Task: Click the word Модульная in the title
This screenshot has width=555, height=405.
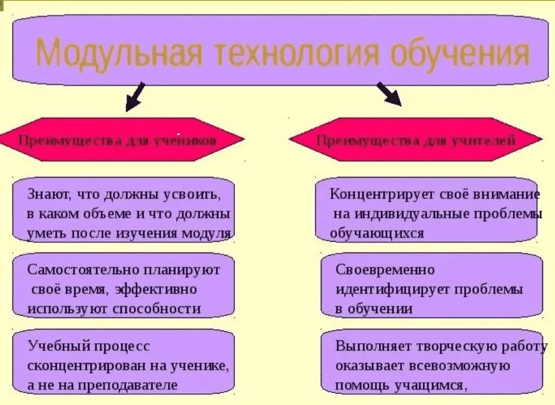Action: click(119, 53)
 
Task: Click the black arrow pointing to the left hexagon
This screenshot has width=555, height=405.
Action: click(135, 97)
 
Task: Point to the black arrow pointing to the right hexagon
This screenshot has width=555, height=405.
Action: click(389, 94)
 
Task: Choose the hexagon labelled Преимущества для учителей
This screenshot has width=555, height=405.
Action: click(416, 140)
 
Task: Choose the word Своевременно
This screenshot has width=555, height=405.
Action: click(385, 269)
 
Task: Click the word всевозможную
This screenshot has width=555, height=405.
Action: click(457, 365)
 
